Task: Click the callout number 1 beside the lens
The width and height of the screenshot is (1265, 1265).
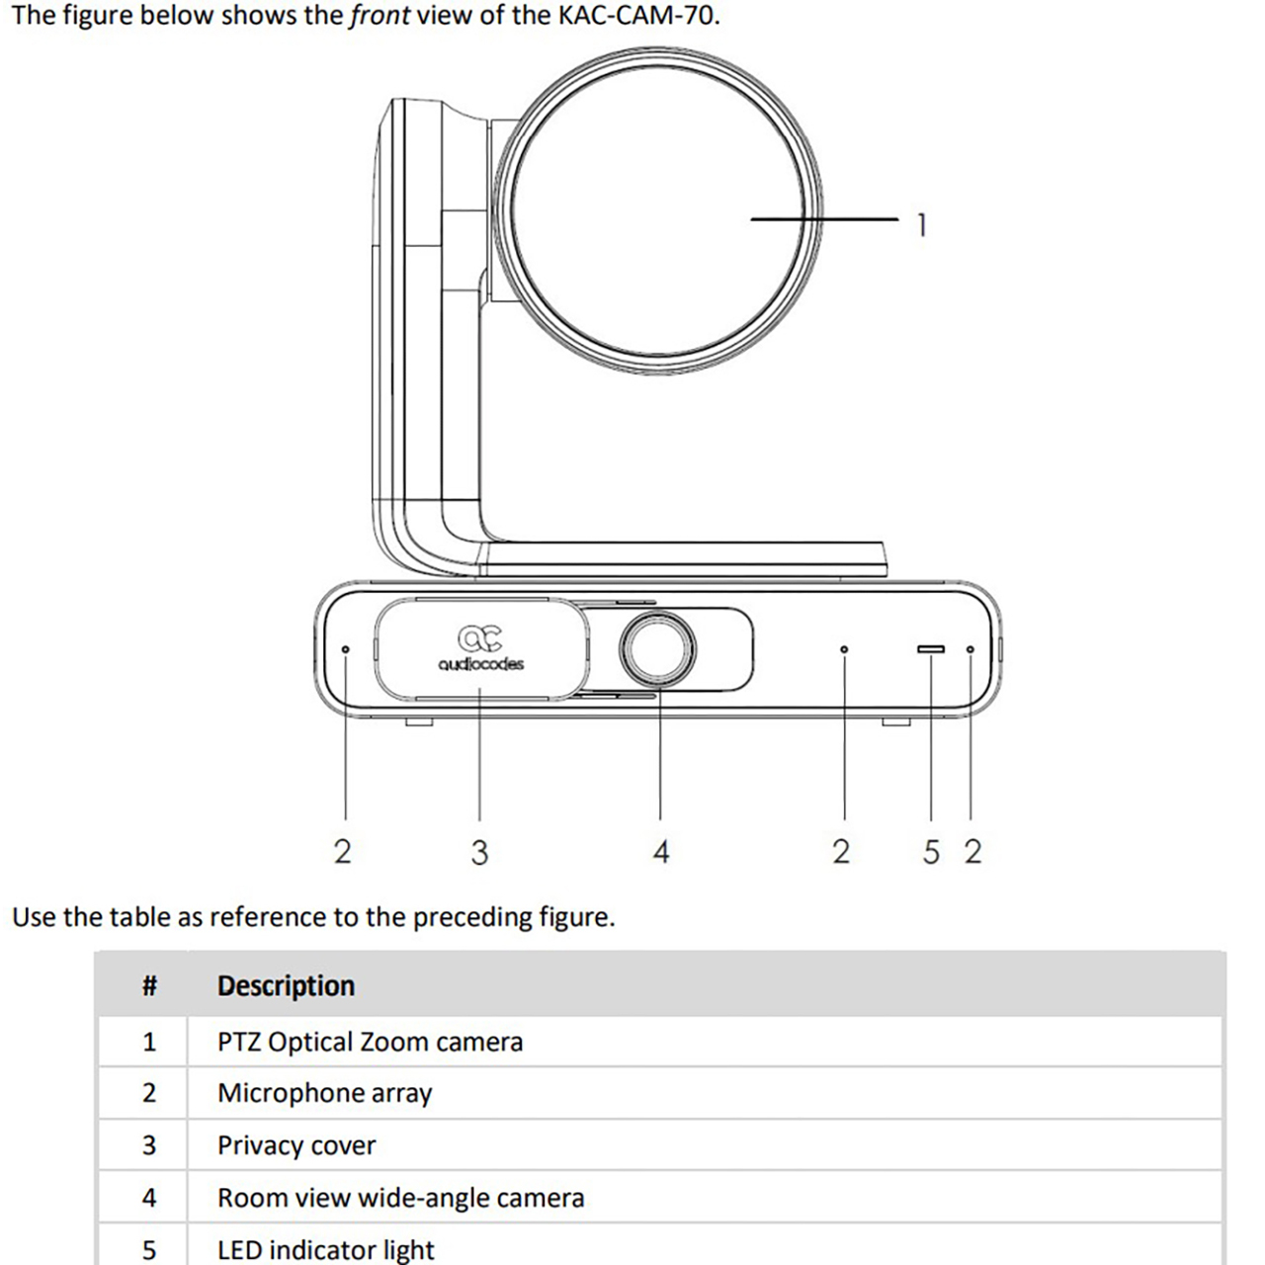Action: click(x=921, y=225)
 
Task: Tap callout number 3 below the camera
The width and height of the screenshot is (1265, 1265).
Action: click(x=479, y=852)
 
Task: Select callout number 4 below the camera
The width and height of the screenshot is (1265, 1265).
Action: click(x=661, y=852)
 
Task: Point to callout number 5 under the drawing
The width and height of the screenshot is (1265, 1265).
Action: click(x=931, y=852)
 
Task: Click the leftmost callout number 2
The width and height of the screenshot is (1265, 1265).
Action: click(x=342, y=852)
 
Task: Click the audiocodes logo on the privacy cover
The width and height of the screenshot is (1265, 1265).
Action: click(x=480, y=647)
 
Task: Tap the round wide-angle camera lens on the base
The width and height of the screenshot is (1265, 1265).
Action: click(x=657, y=649)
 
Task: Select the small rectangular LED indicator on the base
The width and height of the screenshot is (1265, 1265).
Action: click(x=931, y=649)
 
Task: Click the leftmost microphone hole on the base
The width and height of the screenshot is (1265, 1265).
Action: click(x=345, y=649)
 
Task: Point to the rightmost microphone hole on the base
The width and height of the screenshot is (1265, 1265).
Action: click(x=970, y=649)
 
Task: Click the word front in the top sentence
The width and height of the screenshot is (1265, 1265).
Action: click(x=379, y=16)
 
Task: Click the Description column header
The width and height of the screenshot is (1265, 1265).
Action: click(x=286, y=985)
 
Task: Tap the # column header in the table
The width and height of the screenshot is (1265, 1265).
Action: click(x=149, y=985)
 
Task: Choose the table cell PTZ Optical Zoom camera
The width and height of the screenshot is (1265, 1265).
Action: click(x=370, y=1042)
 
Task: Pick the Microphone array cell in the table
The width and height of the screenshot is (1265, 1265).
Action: click(x=324, y=1093)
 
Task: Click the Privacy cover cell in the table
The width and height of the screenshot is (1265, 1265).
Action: click(x=296, y=1145)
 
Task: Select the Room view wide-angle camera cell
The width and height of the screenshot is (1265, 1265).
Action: click(x=400, y=1198)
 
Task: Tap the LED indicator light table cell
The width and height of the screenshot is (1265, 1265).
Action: click(x=325, y=1250)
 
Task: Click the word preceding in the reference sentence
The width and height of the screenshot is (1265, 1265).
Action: click(x=472, y=917)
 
